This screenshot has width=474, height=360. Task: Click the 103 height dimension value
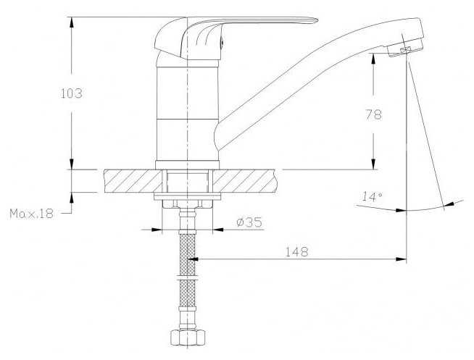click(x=72, y=93)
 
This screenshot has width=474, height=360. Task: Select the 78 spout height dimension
click(x=374, y=114)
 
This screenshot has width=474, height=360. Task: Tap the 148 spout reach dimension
click(x=297, y=252)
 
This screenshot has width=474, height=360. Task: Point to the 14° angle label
click(x=372, y=197)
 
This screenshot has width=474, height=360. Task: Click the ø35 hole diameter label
click(x=249, y=222)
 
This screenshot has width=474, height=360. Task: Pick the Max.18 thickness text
click(x=32, y=214)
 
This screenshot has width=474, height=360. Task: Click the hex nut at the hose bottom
click(x=188, y=338)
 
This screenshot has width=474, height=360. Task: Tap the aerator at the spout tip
click(x=405, y=49)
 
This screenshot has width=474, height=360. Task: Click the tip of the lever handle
click(x=317, y=20)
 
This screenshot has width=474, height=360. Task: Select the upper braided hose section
click(x=188, y=254)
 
